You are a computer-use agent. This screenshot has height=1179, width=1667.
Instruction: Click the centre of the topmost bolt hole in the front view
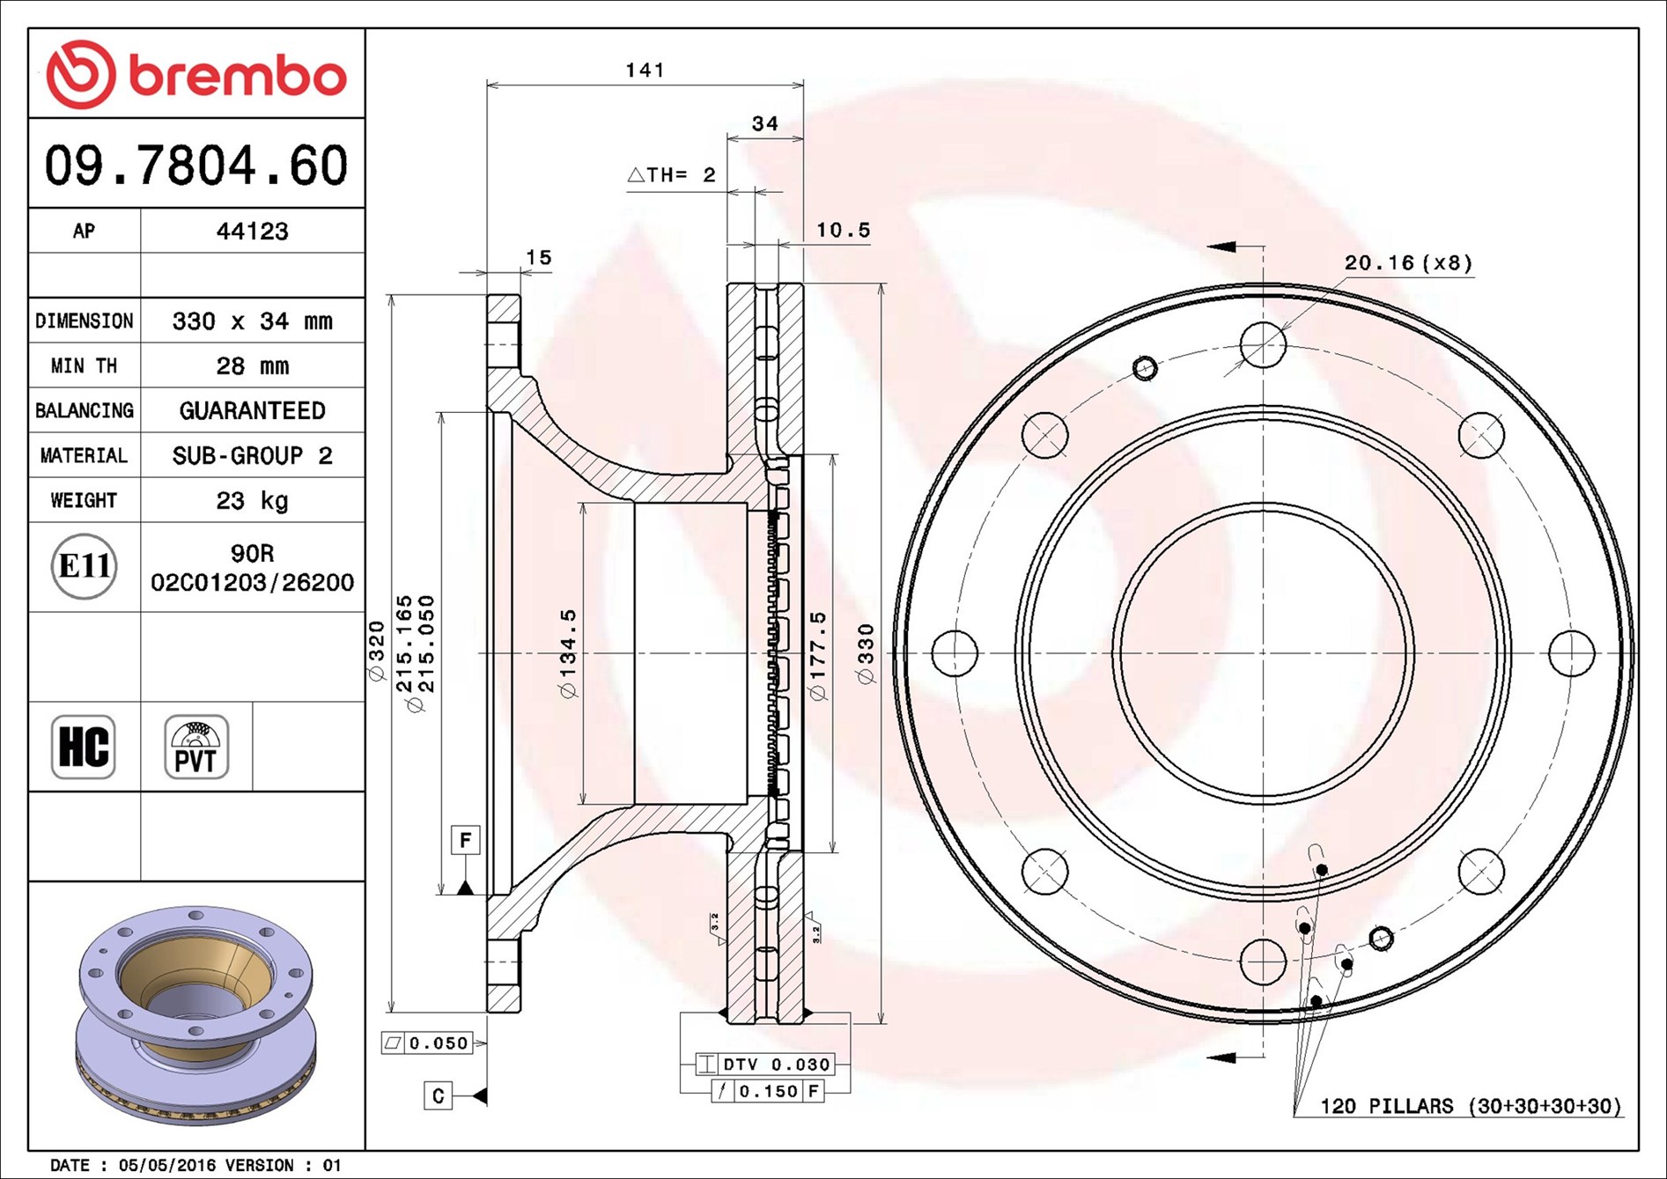click(1263, 344)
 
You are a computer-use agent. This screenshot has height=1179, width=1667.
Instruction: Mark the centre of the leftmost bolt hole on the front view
click(955, 652)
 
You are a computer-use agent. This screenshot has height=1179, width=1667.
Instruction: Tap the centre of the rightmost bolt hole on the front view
click(1571, 652)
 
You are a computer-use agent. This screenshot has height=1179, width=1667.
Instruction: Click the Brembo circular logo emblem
click(81, 74)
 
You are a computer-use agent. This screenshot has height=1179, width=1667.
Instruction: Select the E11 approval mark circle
click(85, 566)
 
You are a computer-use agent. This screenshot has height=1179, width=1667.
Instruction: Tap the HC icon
click(84, 747)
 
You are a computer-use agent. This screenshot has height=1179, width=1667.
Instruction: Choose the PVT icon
click(196, 747)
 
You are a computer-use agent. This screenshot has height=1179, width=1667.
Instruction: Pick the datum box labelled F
click(465, 840)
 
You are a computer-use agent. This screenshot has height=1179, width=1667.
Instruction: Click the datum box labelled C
click(438, 1095)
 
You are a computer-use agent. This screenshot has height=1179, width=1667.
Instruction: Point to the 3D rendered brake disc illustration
click(195, 1015)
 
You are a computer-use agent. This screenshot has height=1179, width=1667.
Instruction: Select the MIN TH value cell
click(253, 365)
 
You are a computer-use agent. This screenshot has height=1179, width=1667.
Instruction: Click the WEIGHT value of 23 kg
click(253, 500)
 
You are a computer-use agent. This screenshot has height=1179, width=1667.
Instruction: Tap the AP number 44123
click(253, 231)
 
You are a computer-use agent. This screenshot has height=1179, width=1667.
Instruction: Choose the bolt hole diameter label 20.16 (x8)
click(1408, 262)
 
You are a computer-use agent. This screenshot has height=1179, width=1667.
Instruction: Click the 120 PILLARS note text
click(1471, 1106)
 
